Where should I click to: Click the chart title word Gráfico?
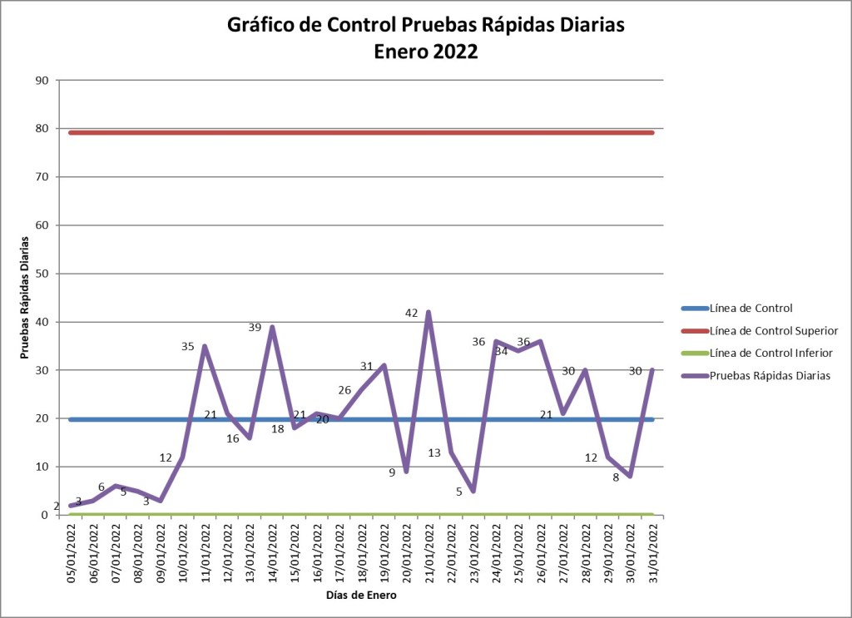tap(261, 26)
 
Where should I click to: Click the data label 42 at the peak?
tap(411, 313)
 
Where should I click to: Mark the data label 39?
tap(255, 328)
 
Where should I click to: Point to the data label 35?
tap(188, 346)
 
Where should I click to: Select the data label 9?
tap(392, 473)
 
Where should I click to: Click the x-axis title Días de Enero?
tap(360, 596)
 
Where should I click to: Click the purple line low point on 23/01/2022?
tap(473, 491)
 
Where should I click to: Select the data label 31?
tap(367, 366)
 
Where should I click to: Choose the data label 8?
tap(616, 477)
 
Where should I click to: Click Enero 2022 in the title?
tap(426, 52)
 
